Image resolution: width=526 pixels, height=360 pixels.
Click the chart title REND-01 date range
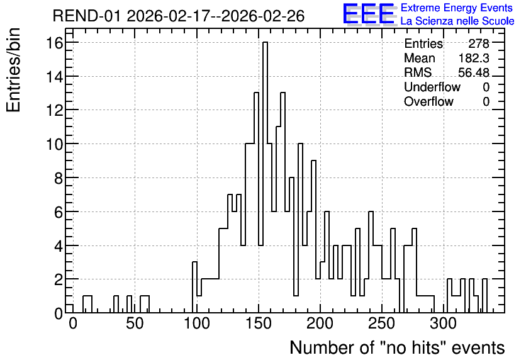point(179,16)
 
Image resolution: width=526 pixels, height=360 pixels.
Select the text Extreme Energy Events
point(457,8)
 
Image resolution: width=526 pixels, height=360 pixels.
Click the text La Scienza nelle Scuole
point(457,21)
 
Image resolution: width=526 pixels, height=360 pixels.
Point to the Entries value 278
point(479,43)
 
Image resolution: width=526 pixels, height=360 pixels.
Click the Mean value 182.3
point(474,58)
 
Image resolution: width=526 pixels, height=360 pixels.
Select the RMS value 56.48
point(474,72)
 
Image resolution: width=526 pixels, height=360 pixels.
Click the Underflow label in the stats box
point(432,87)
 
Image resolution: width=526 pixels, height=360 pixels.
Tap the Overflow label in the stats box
point(428,101)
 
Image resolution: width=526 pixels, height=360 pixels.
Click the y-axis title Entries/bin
point(14,70)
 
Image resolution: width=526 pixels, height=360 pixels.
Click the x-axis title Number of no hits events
point(397,347)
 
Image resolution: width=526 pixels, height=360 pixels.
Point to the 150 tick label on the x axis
point(259,323)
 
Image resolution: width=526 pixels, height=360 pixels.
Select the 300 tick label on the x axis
point(444,323)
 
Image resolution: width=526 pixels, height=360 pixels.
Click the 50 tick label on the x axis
point(135,323)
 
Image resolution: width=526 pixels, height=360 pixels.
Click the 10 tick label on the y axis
point(55,144)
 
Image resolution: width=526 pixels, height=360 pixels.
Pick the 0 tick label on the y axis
point(59,313)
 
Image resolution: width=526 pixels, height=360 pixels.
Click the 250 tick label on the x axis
point(382,323)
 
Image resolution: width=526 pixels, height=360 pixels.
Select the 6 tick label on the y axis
point(59,211)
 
